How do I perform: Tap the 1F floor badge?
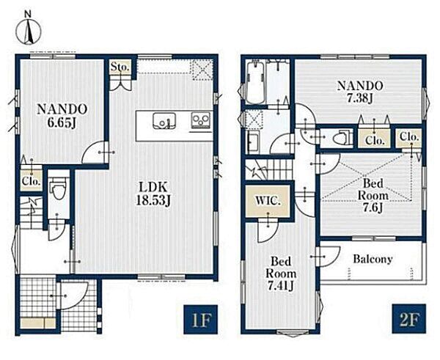click(201, 320)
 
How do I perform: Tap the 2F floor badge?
click(409, 319)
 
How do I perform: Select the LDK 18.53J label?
click(153, 194)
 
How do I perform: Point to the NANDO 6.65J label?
click(62, 116)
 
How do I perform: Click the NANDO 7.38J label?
click(360, 92)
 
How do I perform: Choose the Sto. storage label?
click(120, 67)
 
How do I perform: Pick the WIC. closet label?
click(268, 201)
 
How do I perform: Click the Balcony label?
click(373, 259)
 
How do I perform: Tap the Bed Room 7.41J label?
click(281, 273)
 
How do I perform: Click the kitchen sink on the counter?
click(164, 121)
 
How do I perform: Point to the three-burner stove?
click(201, 120)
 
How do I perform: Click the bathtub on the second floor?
click(254, 82)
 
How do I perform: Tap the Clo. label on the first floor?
click(31, 181)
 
